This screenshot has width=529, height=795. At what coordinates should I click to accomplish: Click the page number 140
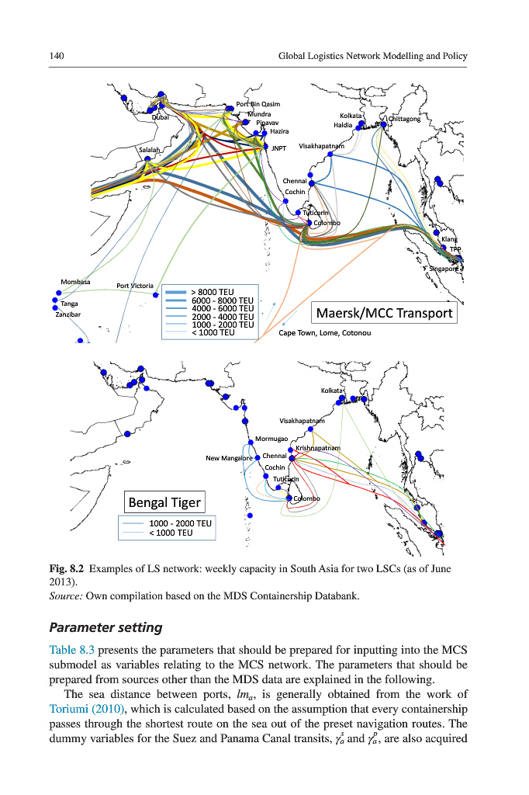(x=55, y=56)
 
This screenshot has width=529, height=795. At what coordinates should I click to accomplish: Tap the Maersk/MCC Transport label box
(x=383, y=313)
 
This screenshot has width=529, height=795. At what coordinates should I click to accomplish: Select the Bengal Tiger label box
(x=164, y=502)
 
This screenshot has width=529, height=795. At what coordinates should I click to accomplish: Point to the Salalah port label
(x=150, y=149)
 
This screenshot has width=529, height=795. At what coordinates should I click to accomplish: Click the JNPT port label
(x=279, y=148)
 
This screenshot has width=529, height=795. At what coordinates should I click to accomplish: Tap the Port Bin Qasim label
(x=258, y=104)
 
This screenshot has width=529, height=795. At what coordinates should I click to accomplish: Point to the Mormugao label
(x=271, y=439)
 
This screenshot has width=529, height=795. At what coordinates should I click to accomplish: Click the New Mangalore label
(x=229, y=458)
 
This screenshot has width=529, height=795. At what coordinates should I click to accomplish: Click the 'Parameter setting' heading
(x=107, y=627)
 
